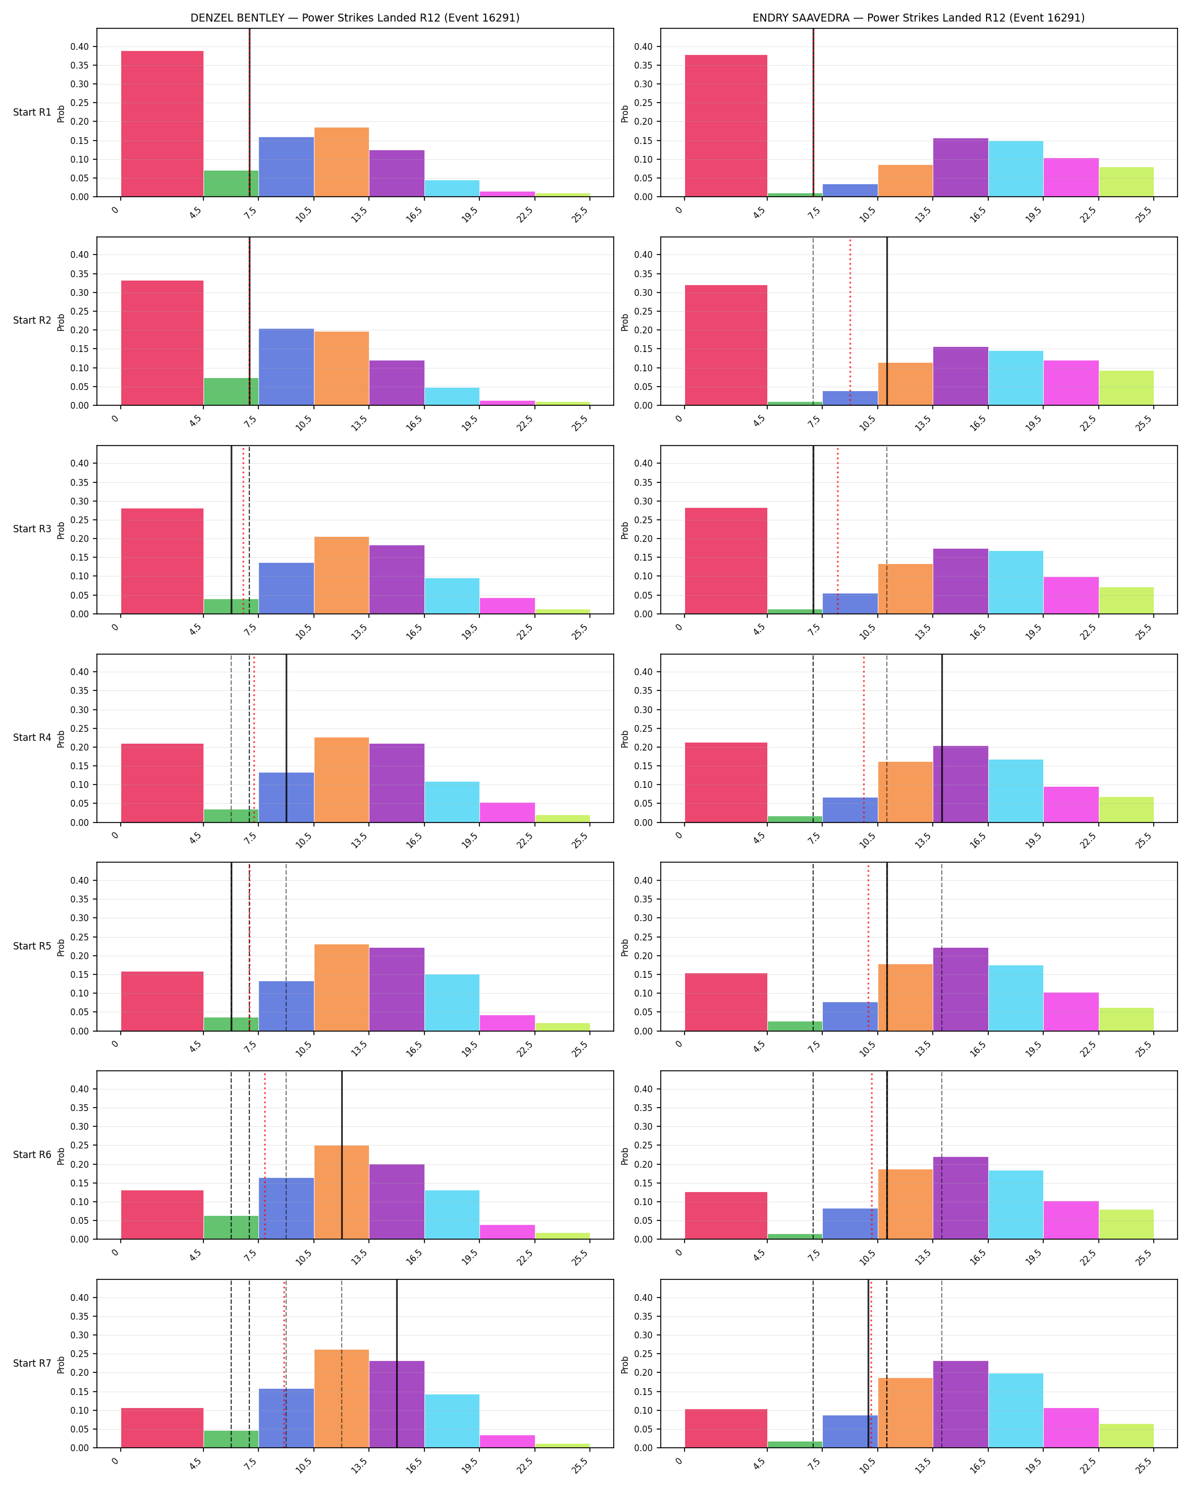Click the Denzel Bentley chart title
pos(355,18)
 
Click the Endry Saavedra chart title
pos(918,18)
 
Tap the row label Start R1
pos(32,112)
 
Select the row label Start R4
pos(32,738)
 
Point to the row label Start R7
pos(32,1363)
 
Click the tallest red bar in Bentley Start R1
pos(162,124)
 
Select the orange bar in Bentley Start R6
pos(342,1192)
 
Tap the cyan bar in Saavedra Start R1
pos(1015,169)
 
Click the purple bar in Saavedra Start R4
pos(960,784)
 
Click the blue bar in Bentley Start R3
pos(286,588)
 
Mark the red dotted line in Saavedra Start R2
pos(850,321)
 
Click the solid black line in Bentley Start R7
pos(397,1364)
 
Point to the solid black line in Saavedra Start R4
pos(942,739)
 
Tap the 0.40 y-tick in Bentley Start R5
pos(79,881)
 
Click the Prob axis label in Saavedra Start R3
pos(624,530)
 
